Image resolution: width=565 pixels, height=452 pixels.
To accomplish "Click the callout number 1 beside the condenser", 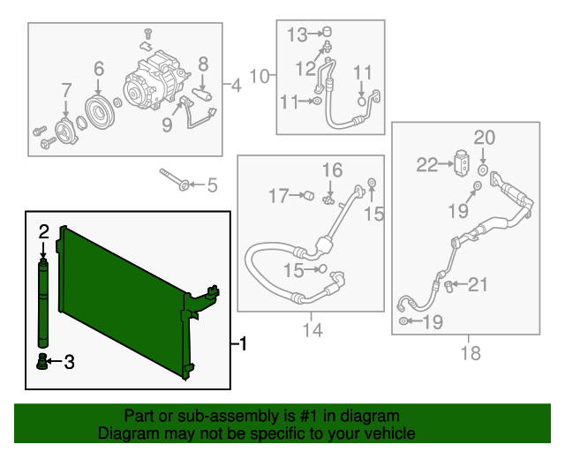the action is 244,343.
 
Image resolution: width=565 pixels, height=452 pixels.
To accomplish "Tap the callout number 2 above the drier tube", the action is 43,232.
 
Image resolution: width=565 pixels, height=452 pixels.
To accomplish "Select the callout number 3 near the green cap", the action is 69,362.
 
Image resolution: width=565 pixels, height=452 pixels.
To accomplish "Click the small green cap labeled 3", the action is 42,362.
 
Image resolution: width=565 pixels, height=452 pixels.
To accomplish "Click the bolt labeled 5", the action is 172,179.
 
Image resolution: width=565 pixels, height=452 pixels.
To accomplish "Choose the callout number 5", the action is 212,185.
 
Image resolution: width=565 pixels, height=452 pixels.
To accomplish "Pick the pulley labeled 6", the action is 100,112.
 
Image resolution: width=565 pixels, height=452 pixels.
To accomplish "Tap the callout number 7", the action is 66,90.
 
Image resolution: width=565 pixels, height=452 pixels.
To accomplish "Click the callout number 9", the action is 167,124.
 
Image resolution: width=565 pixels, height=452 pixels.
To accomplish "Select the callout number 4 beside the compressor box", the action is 236,86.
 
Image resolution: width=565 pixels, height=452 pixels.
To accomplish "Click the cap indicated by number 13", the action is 327,32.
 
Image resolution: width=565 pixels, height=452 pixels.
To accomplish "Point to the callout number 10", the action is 260,77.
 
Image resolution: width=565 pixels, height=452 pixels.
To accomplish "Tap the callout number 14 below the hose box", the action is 313,330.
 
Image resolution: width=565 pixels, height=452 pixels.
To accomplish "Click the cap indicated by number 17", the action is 309,196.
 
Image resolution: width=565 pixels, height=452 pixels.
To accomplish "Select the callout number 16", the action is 332,170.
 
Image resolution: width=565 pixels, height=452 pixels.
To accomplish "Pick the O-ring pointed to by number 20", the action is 483,169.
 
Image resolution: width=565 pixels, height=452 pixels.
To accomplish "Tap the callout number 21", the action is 478,284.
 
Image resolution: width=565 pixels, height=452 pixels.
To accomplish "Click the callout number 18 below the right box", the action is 471,353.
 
